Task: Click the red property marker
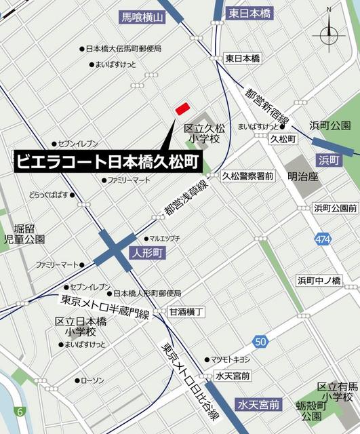click(182, 108)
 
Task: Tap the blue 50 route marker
click(260, 340)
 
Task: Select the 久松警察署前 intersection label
click(247, 176)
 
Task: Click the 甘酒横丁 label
click(186, 311)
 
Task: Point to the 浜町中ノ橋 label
click(319, 280)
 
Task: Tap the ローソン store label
click(92, 380)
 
